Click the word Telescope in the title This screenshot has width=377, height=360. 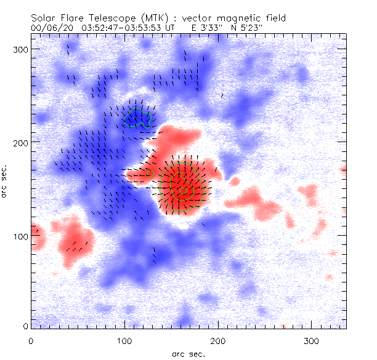(x=116, y=19)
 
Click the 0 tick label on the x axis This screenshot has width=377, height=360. (x=31, y=340)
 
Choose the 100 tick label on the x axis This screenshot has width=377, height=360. (x=125, y=340)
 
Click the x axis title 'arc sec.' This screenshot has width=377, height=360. (x=188, y=353)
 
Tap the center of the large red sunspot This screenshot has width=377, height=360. (x=182, y=188)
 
